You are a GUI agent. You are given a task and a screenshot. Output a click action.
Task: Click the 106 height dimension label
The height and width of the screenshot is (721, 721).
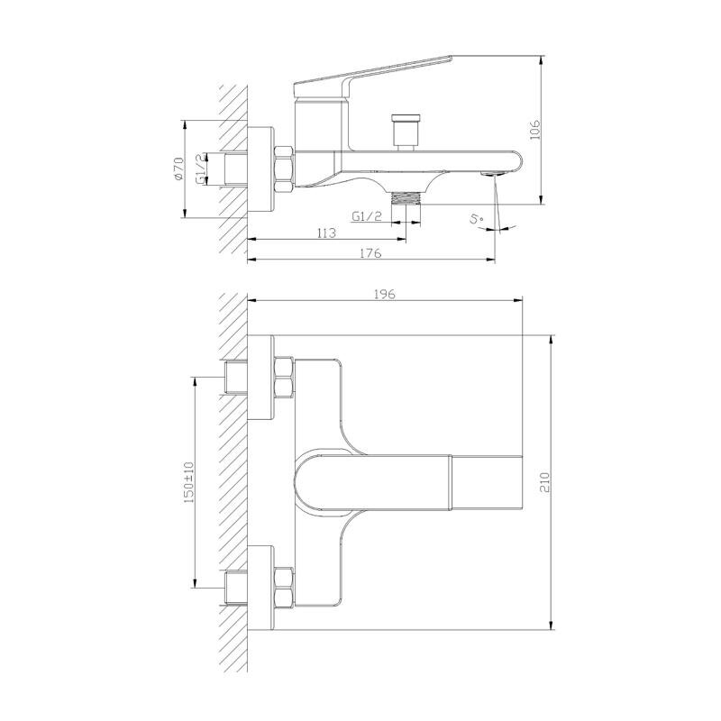(x=534, y=130)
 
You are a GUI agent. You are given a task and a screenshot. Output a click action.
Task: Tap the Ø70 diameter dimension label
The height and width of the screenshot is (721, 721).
(x=178, y=169)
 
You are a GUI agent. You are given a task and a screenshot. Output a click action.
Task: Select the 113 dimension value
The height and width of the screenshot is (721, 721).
(x=326, y=233)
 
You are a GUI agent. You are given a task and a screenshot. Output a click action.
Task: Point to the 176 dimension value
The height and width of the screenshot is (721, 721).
(x=370, y=253)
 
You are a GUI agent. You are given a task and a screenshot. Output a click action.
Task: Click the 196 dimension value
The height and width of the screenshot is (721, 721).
(x=385, y=295)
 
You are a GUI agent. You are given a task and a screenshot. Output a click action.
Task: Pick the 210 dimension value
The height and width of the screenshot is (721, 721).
(x=544, y=482)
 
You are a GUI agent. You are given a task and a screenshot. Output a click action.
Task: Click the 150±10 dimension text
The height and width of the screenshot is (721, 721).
(x=189, y=482)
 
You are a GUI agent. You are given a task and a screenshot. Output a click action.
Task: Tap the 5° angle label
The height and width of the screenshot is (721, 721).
(x=477, y=219)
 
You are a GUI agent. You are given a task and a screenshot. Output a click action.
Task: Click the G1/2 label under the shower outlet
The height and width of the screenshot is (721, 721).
(x=367, y=216)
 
